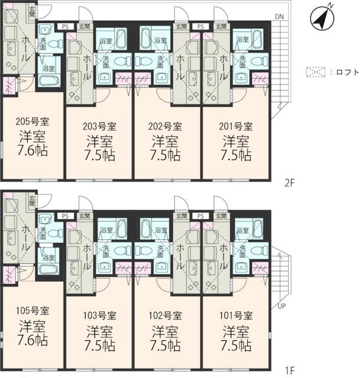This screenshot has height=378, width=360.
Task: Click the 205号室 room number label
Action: pyautogui.click(x=32, y=122)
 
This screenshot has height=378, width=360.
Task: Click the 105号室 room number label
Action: pyautogui.click(x=32, y=311)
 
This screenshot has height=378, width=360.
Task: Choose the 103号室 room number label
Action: pyautogui.click(x=99, y=315)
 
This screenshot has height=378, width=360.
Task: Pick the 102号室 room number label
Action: pyautogui.click(x=166, y=315)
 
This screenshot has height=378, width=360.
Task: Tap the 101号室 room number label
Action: pyautogui.click(x=236, y=315)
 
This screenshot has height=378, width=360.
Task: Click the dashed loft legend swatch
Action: pyautogui.click(x=316, y=72)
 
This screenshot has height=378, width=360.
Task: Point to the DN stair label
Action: pyautogui.click(x=279, y=16)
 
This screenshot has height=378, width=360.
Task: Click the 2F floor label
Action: pyautogui.click(x=289, y=183)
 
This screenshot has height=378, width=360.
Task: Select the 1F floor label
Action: pyautogui.click(x=289, y=371)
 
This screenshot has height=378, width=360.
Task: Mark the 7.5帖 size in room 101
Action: pyautogui.click(x=236, y=344)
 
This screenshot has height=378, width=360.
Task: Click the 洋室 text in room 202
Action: pyautogui.click(x=166, y=141)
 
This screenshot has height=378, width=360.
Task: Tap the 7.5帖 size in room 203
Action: pyautogui.click(x=99, y=156)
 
